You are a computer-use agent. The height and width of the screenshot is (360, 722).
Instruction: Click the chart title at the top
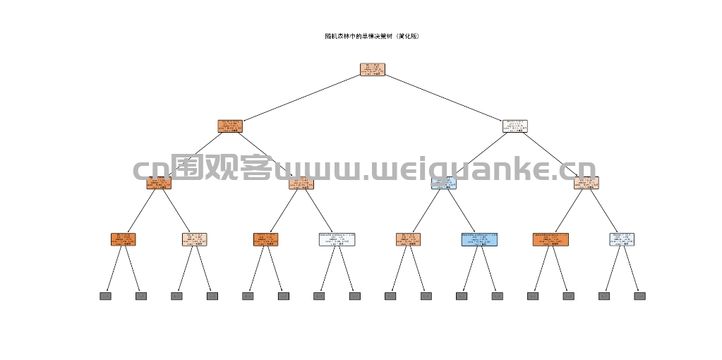point(372,36)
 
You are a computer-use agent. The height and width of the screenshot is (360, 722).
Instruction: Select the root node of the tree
point(372,69)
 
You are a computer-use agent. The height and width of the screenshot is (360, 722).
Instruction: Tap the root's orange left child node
point(230,126)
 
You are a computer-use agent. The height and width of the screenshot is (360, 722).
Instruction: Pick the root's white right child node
point(515,126)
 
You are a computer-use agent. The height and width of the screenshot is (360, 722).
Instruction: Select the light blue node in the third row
point(444,183)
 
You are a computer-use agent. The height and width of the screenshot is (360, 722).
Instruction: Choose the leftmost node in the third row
point(159,183)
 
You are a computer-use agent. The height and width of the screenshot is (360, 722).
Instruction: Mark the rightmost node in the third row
point(586,183)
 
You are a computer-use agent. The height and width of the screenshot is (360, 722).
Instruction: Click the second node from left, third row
point(301,183)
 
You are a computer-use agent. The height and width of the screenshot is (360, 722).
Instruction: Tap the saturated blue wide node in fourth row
point(479,239)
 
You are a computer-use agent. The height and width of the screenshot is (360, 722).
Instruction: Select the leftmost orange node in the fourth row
point(123,239)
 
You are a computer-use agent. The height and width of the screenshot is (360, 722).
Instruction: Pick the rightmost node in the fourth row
point(621,239)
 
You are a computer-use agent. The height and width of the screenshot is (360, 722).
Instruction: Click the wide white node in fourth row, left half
point(337,239)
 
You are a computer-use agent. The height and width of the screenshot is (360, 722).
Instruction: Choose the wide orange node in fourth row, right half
point(550,239)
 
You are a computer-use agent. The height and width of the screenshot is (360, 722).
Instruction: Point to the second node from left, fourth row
point(194,239)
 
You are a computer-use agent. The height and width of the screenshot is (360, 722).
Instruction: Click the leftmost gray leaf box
point(105,296)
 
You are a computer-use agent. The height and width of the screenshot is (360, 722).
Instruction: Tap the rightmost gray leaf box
point(639,296)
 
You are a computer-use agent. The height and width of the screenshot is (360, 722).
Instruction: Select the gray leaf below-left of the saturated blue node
point(462,296)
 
